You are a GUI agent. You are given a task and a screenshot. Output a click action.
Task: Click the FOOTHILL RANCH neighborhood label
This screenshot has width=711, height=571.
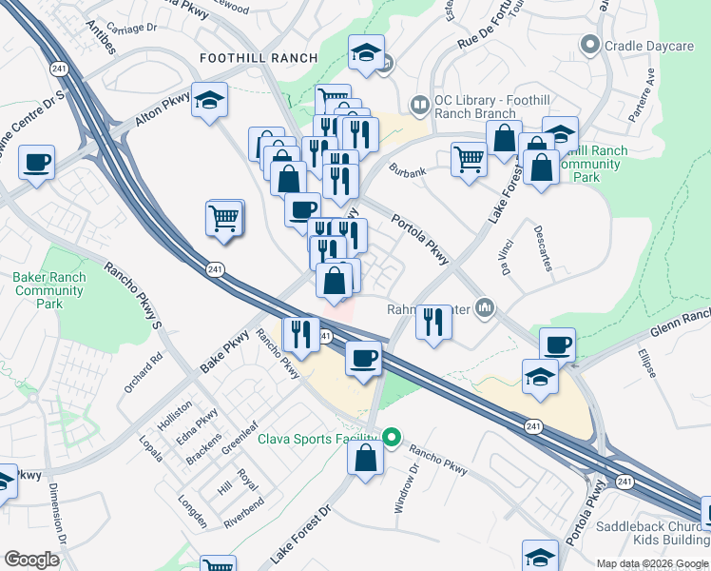tap(259, 58)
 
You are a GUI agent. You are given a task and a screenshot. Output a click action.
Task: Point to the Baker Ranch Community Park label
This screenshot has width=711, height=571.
tap(49, 290)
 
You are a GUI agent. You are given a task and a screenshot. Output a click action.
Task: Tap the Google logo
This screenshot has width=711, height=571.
tap(31, 560)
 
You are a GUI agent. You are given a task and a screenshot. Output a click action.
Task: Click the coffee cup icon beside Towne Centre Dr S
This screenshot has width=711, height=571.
tap(37, 163)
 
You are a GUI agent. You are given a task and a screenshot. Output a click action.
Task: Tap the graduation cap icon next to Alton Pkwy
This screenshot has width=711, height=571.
tap(209, 100)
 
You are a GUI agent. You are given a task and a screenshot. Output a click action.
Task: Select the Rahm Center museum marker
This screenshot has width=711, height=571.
tap(485, 307)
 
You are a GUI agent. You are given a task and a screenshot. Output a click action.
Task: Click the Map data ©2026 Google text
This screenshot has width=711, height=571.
tap(652, 563)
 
